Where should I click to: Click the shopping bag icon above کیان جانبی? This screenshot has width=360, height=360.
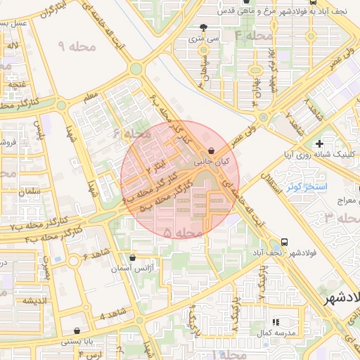212,150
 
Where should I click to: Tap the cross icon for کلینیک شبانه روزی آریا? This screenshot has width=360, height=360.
319,143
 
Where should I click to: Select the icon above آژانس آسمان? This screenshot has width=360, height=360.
133,258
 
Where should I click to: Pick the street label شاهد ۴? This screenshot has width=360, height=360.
112,313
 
